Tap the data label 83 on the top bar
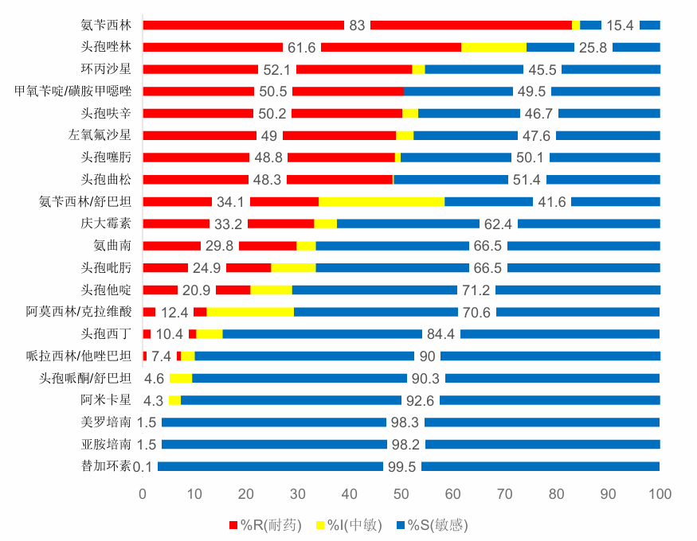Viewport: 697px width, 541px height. click(357, 25)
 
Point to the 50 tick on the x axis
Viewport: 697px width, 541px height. click(401, 494)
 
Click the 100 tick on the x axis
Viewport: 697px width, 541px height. click(659, 494)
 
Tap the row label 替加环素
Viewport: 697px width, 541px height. click(106, 466)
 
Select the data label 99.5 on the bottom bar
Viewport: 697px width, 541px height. click(401, 467)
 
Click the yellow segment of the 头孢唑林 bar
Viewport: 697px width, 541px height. click(493, 47)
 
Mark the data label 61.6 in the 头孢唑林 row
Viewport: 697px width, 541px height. click(302, 48)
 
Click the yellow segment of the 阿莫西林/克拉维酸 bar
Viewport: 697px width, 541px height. click(250, 312)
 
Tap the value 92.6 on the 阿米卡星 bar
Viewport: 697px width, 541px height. click(421, 400)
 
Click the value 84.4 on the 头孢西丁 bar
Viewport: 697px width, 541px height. click(441, 334)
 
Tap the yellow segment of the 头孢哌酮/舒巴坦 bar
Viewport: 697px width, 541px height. click(181, 378)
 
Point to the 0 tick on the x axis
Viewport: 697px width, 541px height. click(143, 494)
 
